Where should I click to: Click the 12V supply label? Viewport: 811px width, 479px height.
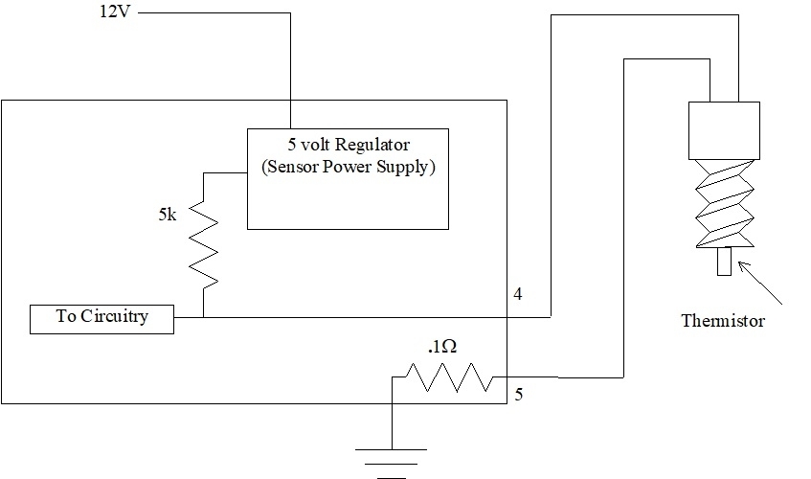click(115, 16)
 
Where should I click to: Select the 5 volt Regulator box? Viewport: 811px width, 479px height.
click(348, 179)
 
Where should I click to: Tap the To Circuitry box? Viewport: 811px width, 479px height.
click(102, 319)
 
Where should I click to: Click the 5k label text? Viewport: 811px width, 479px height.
click(168, 216)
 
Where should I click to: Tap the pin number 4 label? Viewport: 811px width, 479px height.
click(518, 294)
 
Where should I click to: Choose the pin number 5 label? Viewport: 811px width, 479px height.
click(518, 393)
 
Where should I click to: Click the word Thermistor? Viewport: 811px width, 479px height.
click(723, 321)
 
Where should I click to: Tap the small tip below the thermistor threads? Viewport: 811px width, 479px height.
click(724, 262)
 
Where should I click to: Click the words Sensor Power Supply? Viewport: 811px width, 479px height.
click(348, 167)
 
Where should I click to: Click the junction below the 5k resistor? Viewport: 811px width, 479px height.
click(204, 316)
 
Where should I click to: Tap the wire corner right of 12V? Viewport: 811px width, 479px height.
click(288, 13)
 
